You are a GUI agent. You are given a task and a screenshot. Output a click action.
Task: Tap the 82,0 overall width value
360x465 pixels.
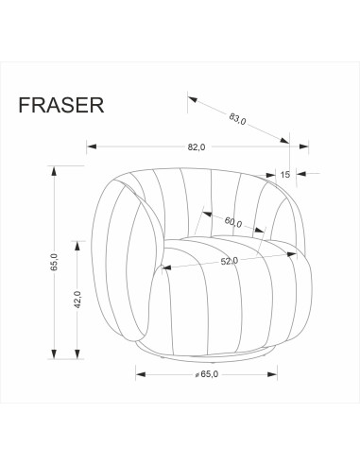tap(197, 147)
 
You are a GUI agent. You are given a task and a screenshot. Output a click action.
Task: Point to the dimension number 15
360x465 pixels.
tap(284, 174)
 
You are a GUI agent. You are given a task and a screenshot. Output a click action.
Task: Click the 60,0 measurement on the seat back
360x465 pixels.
tap(233, 223)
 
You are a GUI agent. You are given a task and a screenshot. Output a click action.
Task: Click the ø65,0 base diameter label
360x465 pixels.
tap(206, 375)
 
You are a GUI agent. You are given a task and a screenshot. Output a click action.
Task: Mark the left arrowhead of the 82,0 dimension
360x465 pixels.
tap(91, 146)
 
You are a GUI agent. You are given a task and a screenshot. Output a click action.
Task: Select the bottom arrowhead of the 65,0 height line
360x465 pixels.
tap(54, 354)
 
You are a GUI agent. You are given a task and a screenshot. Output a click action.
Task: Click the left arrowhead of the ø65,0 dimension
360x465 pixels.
tap(140, 374)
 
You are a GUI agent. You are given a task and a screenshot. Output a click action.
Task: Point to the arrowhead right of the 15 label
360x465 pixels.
tap(301, 174)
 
